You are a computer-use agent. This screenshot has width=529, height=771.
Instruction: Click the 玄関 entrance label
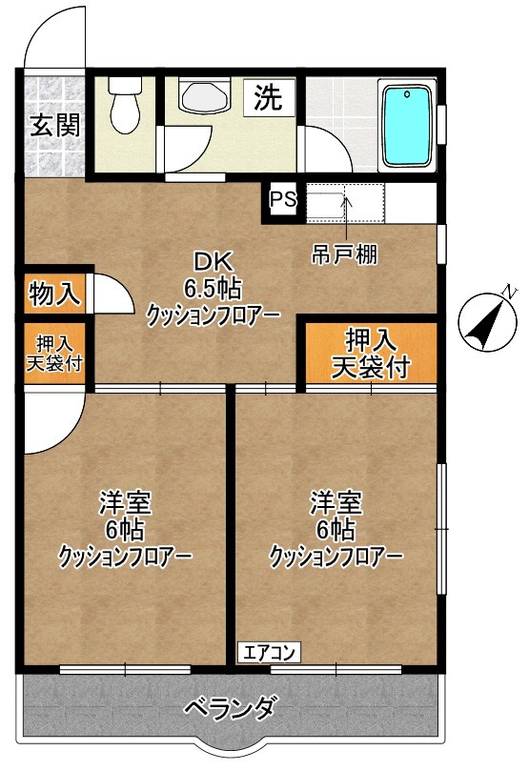click(x=53, y=125)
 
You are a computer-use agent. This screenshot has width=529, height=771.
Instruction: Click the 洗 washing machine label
click(x=269, y=98)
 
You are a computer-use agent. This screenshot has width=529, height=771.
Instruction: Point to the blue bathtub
click(x=407, y=126)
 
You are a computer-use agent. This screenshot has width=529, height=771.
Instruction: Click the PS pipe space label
click(x=283, y=200)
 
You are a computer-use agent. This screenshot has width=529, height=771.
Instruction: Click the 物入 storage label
click(x=54, y=294)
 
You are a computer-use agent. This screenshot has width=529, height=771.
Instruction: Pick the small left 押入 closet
click(x=54, y=354)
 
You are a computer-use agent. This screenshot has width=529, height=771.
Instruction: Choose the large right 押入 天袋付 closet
click(x=370, y=353)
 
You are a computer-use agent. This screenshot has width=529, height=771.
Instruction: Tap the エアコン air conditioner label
click(x=269, y=653)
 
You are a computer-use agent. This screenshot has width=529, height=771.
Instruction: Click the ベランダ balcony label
click(x=231, y=709)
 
